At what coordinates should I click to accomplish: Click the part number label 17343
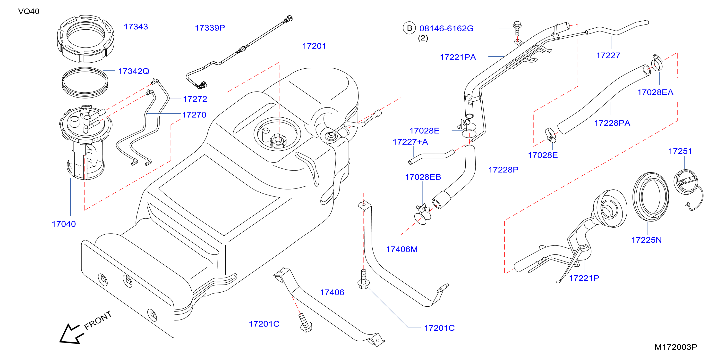pyautogui.click(x=136, y=27)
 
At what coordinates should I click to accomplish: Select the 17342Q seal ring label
pyautogui.click(x=134, y=71)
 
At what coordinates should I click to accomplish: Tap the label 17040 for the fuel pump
pyautogui.click(x=64, y=224)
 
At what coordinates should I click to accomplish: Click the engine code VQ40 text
pyautogui.click(x=29, y=11)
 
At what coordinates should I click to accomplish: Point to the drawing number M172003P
pyautogui.click(x=675, y=347)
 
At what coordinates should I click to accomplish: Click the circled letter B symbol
pyautogui.click(x=409, y=28)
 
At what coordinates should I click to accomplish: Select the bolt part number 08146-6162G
pyautogui.click(x=446, y=28)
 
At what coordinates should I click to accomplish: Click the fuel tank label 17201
pyautogui.click(x=314, y=46)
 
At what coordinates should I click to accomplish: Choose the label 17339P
pyautogui.click(x=210, y=28)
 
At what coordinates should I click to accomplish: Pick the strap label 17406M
pyautogui.click(x=402, y=249)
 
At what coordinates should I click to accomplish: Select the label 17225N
pyautogui.click(x=647, y=240)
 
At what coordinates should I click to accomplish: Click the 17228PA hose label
pyautogui.click(x=612, y=123)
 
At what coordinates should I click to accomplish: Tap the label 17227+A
pyautogui.click(x=410, y=142)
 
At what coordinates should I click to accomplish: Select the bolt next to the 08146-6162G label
pyautogui.click(x=517, y=28)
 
